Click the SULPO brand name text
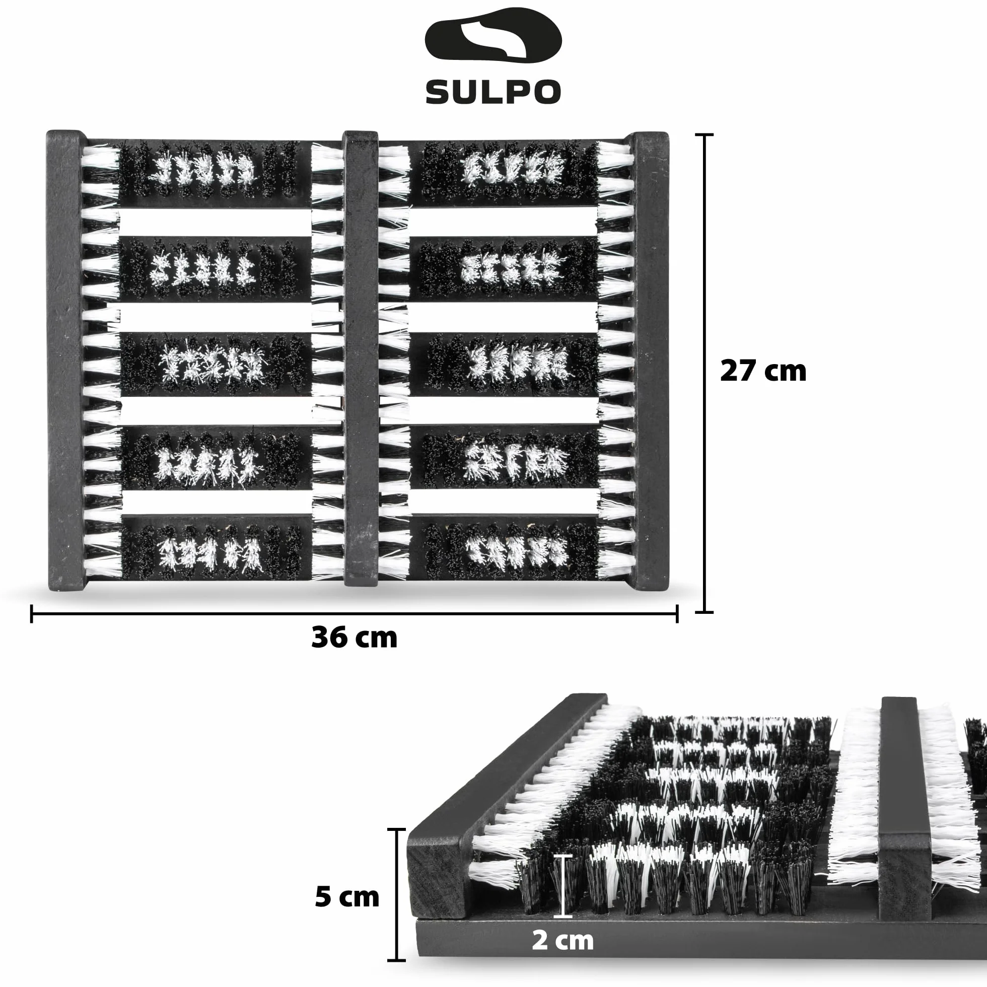click(493, 92)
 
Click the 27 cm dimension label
click(763, 371)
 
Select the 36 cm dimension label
click(354, 638)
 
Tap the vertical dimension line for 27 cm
click(704, 373)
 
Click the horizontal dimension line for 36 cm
click(355, 613)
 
